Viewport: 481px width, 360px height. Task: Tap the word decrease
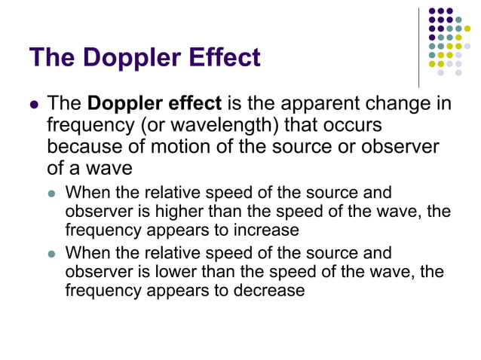tap(268, 290)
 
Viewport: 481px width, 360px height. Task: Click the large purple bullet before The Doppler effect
tap(33, 104)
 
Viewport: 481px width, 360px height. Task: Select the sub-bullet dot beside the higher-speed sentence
tap(53, 194)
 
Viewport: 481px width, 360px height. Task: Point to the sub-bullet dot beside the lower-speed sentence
tap(53, 254)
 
